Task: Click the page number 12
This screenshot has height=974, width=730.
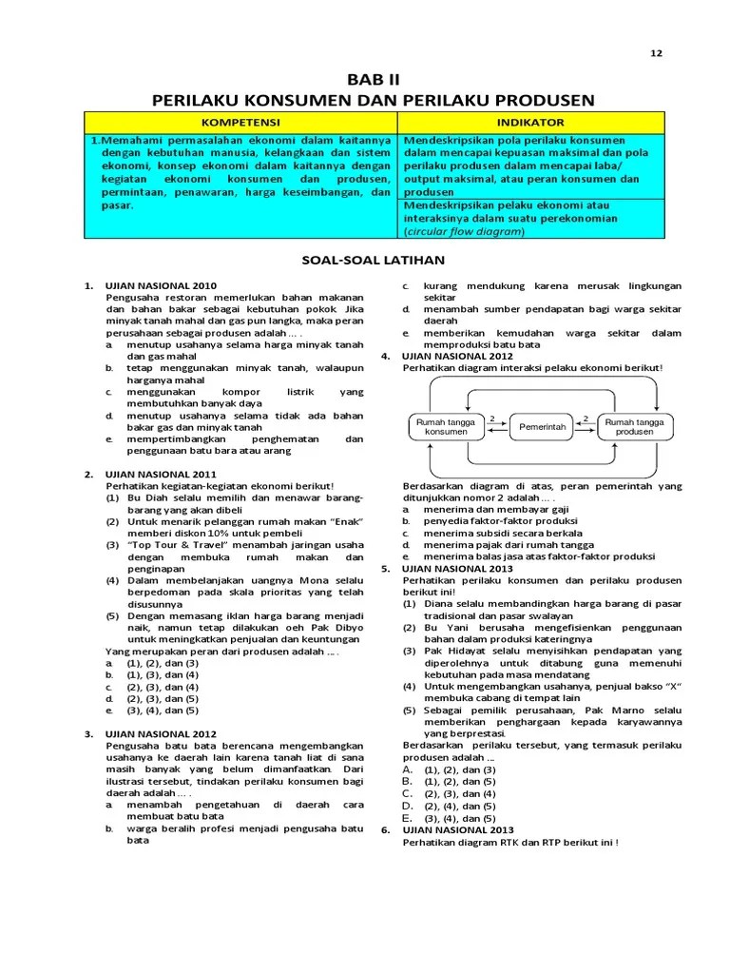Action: point(655,53)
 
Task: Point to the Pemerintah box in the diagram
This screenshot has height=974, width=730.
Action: point(543,428)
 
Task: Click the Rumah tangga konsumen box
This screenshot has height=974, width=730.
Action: point(446,427)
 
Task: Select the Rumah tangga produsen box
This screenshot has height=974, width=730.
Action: point(635,427)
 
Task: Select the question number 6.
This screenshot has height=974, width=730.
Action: point(386,829)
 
